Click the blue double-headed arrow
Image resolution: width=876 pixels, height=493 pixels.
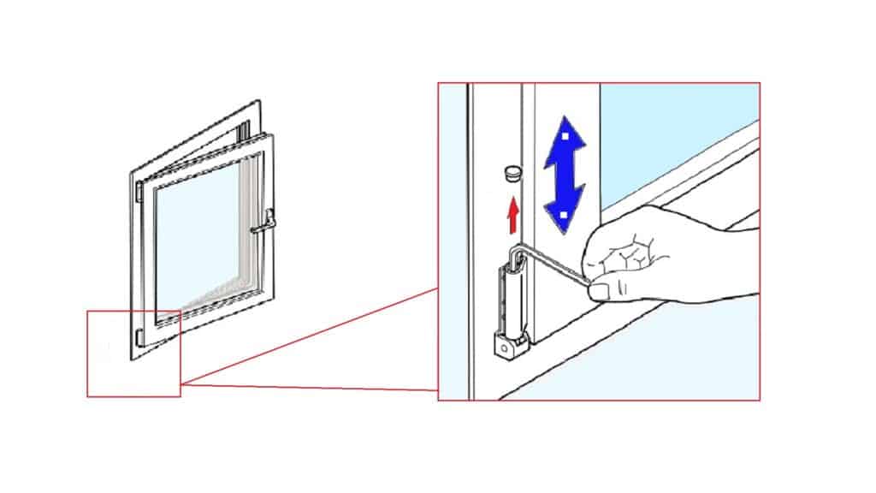pyautogui.click(x=565, y=175)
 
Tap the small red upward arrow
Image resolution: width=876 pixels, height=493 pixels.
pyautogui.click(x=512, y=215)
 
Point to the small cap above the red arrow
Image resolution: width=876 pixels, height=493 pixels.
pyautogui.click(x=511, y=172)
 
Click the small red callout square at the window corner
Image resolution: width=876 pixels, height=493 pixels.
pyautogui.click(x=133, y=353)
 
